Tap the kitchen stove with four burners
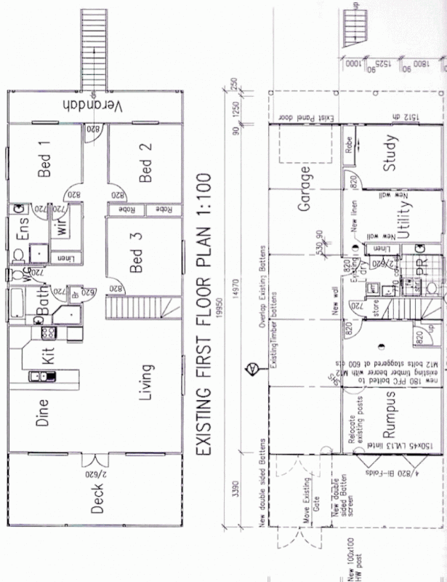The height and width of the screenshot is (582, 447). click(x=49, y=333)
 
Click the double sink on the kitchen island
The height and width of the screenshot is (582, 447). click(x=41, y=376)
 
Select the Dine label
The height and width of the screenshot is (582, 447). click(x=42, y=420)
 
